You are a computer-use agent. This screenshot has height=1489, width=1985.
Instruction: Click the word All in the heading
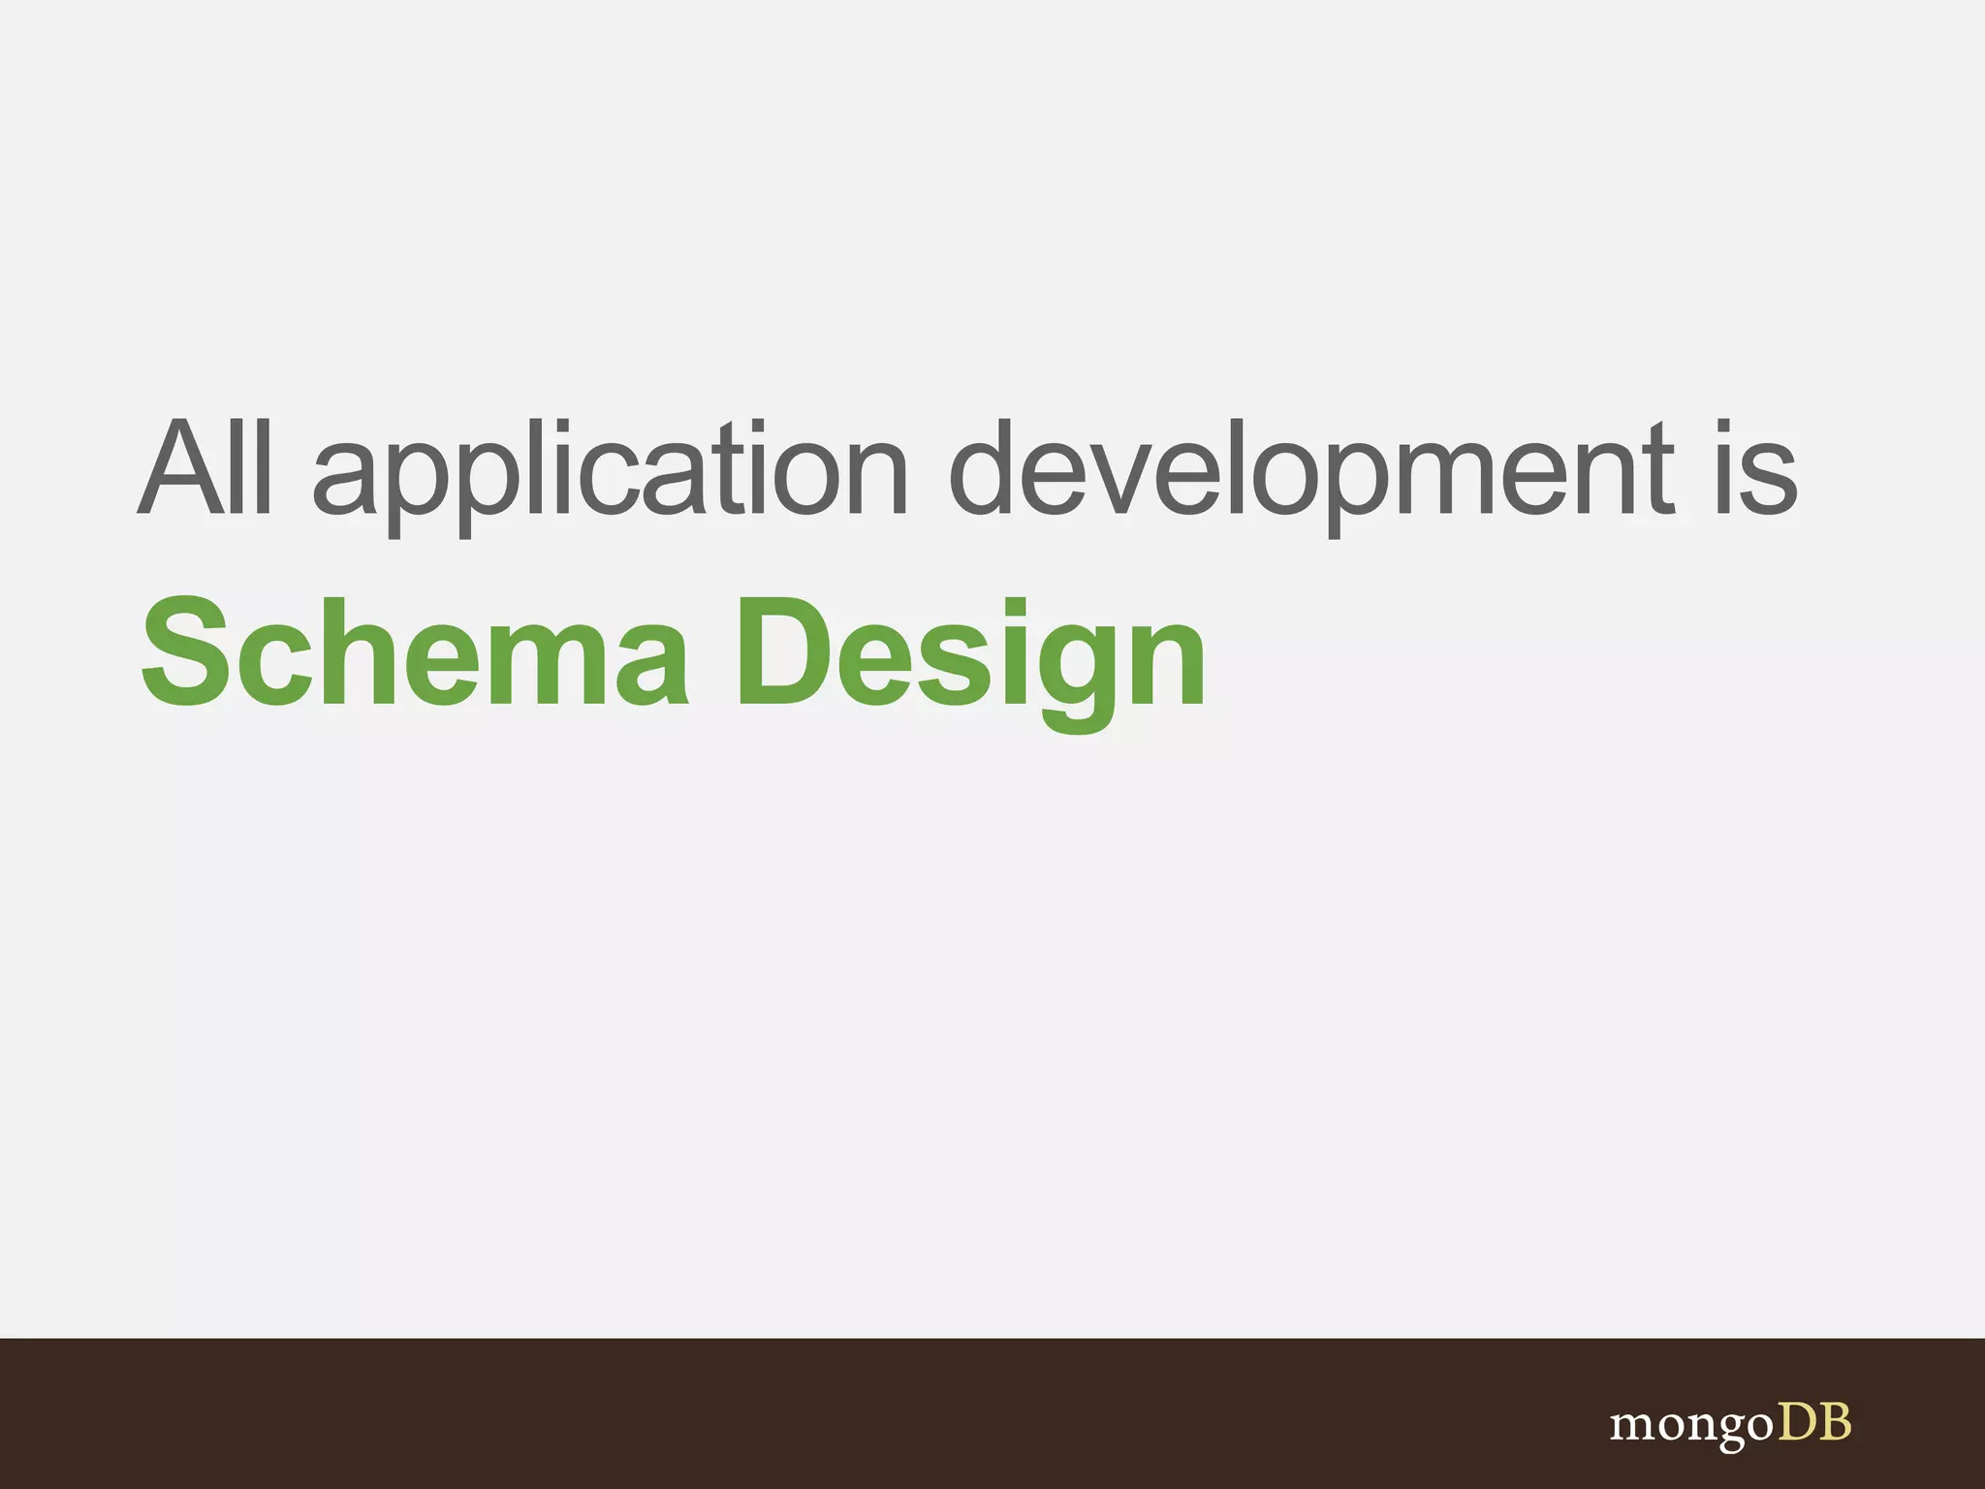click(x=205, y=468)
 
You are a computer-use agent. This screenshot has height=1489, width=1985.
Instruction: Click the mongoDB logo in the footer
click(x=1730, y=1424)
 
